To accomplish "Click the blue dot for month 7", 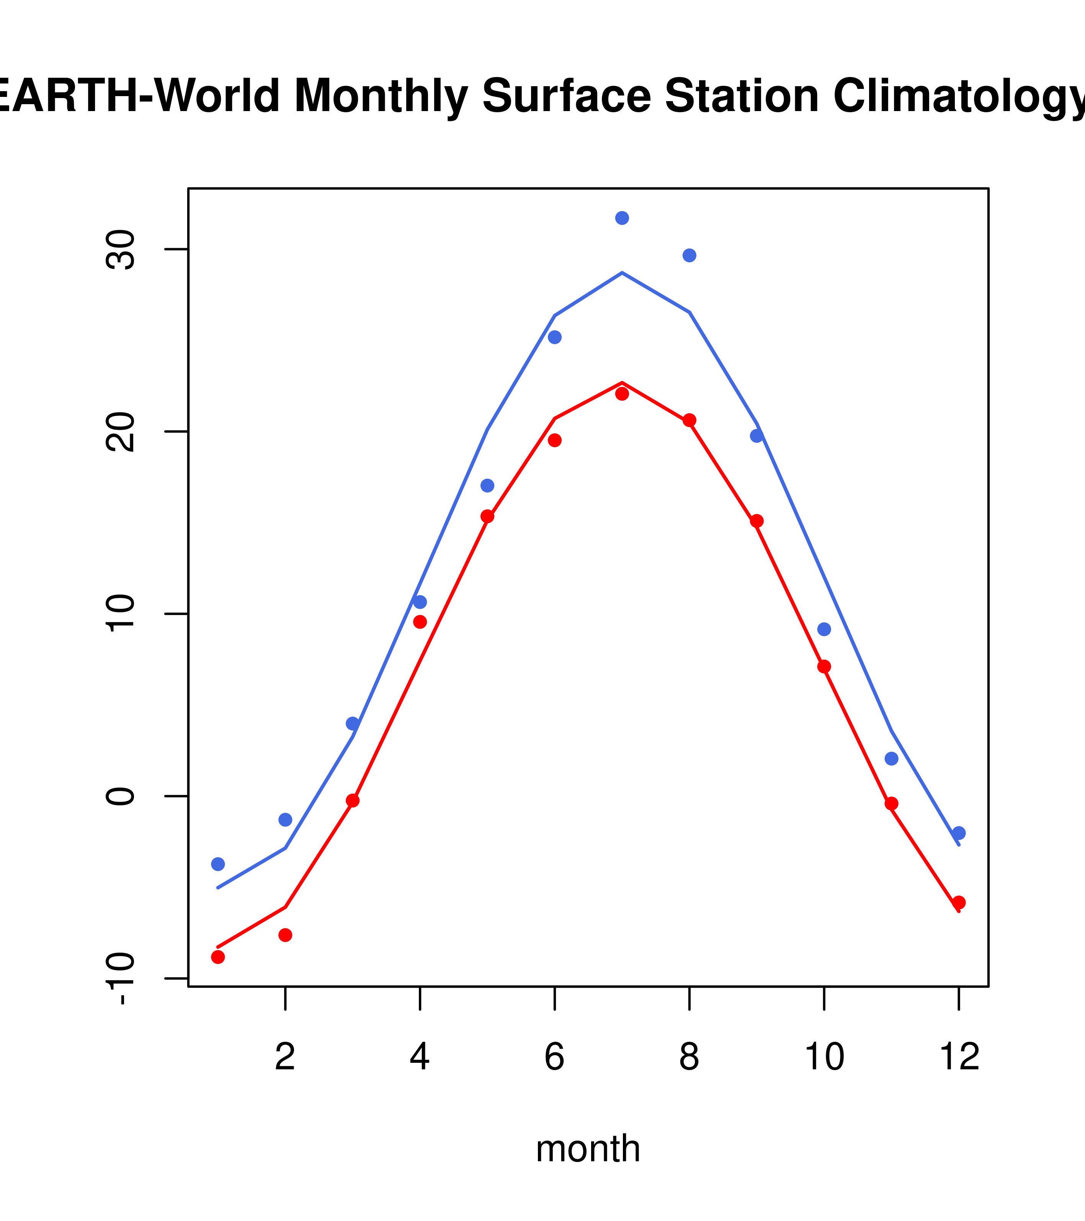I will click(622, 218).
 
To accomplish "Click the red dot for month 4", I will click(420, 622).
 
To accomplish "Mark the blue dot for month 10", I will click(824, 629).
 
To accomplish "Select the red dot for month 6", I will click(555, 440).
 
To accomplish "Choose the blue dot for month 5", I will click(487, 486).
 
